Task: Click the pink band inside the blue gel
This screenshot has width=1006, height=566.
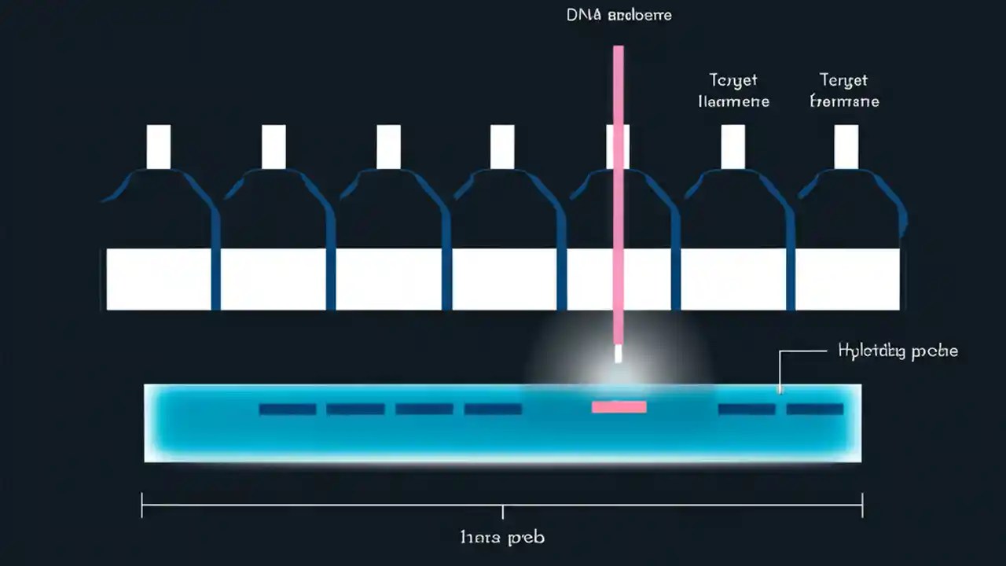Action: pos(619,406)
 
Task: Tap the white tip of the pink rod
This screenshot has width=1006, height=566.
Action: pos(618,354)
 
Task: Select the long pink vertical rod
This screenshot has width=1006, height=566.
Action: pos(619,197)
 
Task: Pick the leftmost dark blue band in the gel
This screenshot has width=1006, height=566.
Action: pos(288,409)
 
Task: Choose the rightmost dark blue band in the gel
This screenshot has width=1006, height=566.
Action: pos(815,409)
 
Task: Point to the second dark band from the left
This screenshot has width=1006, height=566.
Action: pos(355,409)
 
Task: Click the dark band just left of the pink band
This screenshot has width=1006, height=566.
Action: pos(493,409)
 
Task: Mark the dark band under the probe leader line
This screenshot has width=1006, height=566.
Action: pos(747,409)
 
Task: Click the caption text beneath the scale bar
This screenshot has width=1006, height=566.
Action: pos(502,538)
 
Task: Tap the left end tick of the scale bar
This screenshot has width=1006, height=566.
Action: pos(142,505)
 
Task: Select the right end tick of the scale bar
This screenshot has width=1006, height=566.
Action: pos(862,505)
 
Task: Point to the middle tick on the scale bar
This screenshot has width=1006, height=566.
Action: pos(502,511)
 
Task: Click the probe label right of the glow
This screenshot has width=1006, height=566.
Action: pos(898,351)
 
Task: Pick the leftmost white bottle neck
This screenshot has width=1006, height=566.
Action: pos(159,146)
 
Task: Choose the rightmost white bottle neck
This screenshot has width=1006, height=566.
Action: pos(846,146)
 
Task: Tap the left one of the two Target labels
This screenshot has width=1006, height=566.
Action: pos(733,90)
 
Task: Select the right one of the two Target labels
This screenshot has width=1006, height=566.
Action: pos(844,90)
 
